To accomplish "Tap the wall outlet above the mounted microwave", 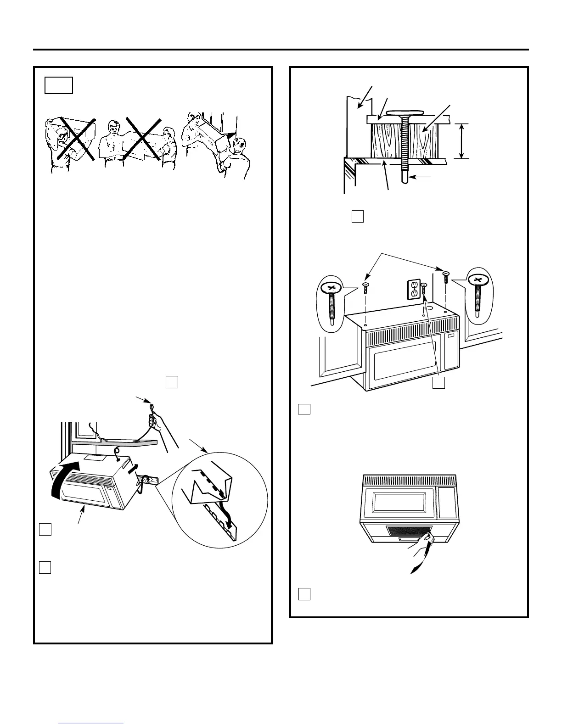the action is (414, 289).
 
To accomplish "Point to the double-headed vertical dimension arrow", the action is (461, 141).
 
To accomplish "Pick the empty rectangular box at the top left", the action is (59, 85).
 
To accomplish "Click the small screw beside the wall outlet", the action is (424, 289).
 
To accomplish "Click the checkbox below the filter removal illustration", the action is (304, 594).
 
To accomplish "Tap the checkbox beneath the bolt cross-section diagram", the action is (358, 216).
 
